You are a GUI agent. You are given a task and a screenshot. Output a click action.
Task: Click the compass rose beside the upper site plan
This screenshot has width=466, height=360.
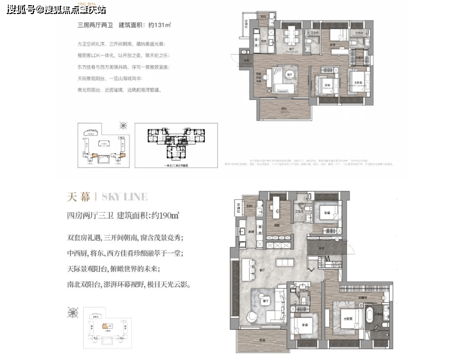[x=124, y=125]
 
